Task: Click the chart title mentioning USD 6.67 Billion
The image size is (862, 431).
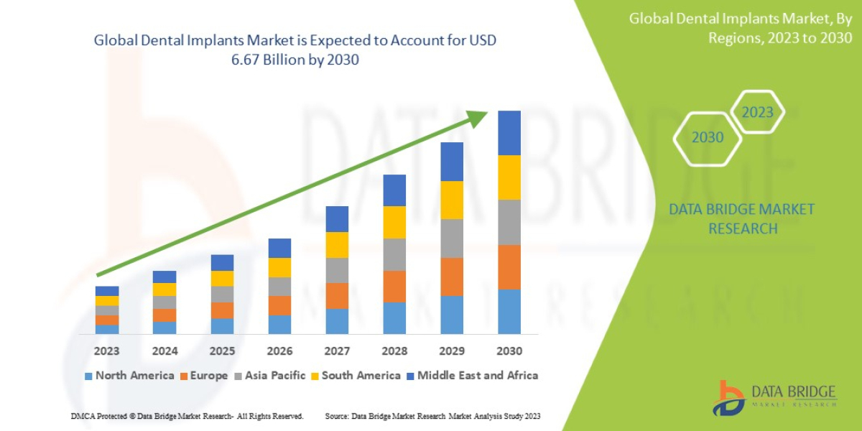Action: [x=295, y=50]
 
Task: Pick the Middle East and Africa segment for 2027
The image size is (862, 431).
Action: [x=337, y=219]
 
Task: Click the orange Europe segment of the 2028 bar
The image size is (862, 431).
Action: [x=394, y=286]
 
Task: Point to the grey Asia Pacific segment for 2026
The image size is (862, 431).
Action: [x=279, y=287]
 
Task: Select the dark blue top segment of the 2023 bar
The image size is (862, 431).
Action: [x=107, y=291]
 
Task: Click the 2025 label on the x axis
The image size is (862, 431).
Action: [x=222, y=351]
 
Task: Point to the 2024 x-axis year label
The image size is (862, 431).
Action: [x=164, y=351]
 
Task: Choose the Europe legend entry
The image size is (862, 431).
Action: [x=208, y=376]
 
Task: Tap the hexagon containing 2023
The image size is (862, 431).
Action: [x=757, y=112]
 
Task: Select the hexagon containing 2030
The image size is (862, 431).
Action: [x=708, y=137]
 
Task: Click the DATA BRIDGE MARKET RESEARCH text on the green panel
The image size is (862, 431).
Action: [x=742, y=218]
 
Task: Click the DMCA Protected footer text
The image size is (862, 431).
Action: [x=187, y=417]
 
